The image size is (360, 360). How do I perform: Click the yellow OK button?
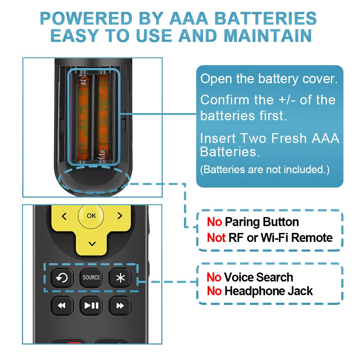pyautogui.click(x=91, y=216)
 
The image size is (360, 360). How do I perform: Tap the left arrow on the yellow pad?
pyautogui.click(x=64, y=216)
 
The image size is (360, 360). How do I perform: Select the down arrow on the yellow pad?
pyautogui.click(x=92, y=244)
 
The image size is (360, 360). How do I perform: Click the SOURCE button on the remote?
pyautogui.click(x=91, y=278)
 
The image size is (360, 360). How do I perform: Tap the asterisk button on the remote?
pyautogui.click(x=120, y=278)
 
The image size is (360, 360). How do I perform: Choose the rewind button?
pyautogui.click(x=62, y=306)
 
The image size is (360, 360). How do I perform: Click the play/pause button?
pyautogui.click(x=91, y=306)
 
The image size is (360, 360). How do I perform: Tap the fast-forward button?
pyautogui.click(x=120, y=306)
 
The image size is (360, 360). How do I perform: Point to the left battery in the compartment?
pyautogui.click(x=83, y=117)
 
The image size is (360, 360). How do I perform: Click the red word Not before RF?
pyautogui.click(x=216, y=238)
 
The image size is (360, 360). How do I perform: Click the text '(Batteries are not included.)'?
pyautogui.click(x=265, y=170)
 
